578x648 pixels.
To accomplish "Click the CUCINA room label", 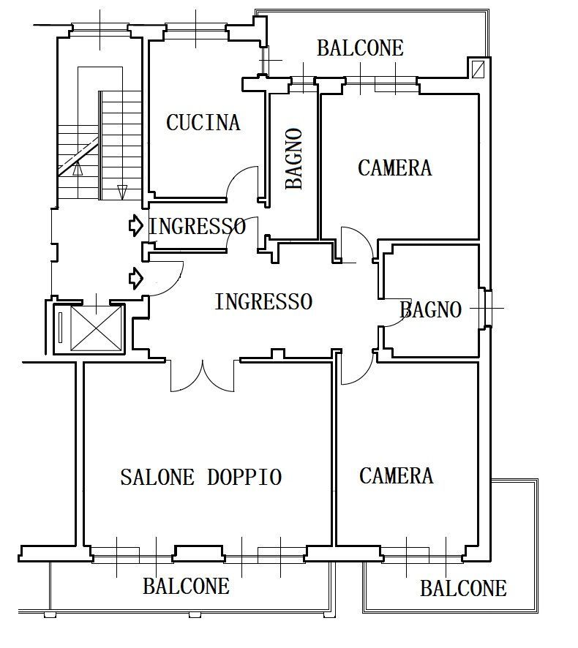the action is point(203,122).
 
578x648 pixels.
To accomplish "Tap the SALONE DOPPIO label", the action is point(201,478).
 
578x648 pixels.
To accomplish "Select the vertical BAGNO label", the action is point(294,159).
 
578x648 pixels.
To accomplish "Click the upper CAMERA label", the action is point(395,167).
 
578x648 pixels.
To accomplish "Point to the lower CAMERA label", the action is point(396,475).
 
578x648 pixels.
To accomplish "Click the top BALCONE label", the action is point(360,48).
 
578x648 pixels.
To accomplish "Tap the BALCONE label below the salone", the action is point(186,586).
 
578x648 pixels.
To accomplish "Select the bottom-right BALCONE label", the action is point(463,589).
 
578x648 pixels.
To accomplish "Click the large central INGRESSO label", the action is point(263,301).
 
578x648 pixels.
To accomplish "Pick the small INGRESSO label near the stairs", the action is point(198,227).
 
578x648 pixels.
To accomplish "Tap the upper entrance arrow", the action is point(136,226).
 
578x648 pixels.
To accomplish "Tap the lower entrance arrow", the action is point(136,278).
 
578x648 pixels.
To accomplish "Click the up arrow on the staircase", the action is point(78,169).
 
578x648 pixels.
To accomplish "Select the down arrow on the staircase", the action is point(122,192).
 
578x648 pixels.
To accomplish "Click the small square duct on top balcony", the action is point(478,69).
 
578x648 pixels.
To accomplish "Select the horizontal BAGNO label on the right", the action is point(430,310).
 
